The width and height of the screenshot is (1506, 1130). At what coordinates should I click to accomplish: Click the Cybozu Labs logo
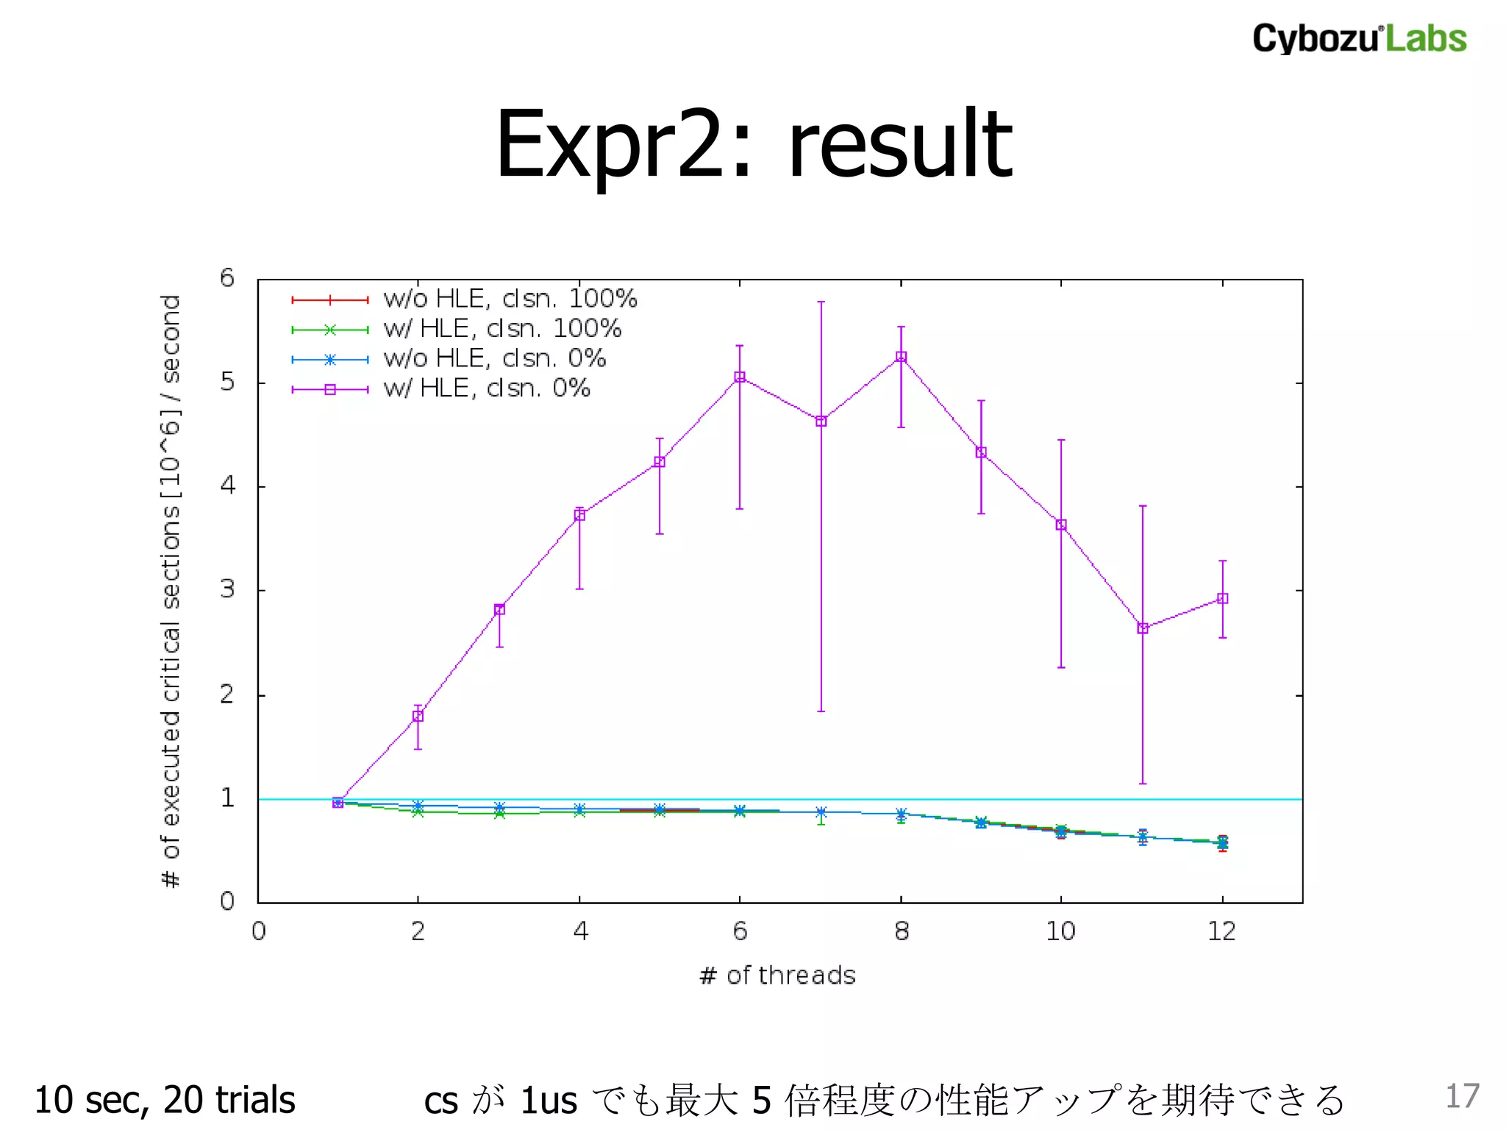1359,38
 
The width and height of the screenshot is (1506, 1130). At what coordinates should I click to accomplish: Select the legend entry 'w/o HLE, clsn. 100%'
510,299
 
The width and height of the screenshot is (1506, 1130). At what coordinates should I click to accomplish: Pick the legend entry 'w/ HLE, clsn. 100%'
502,329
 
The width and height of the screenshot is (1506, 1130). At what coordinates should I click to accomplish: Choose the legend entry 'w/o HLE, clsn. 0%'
494,359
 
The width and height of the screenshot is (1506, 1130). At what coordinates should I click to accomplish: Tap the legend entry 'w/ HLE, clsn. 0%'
486,388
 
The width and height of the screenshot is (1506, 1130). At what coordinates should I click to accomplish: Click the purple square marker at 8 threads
901,357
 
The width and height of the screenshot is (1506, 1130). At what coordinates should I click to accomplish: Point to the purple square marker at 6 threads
740,377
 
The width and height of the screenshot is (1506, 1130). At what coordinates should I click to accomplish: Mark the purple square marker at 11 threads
1143,628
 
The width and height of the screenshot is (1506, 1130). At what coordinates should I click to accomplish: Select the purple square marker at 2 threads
418,716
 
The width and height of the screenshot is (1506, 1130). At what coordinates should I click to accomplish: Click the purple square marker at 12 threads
1222,599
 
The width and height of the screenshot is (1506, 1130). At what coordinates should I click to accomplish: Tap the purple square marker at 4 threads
579,515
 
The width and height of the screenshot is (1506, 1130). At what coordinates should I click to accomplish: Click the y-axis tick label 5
227,383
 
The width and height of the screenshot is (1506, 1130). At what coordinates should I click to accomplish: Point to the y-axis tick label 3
227,590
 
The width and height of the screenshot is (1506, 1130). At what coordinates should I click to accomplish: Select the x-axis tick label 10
1060,932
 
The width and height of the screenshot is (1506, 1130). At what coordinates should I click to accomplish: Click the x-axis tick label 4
580,932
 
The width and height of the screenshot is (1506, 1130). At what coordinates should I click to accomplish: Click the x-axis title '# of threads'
777,976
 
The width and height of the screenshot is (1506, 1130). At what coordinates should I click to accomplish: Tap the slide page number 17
1462,1096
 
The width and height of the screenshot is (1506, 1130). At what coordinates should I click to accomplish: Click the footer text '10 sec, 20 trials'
165,1101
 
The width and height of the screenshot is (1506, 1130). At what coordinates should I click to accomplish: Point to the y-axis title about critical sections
171,591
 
